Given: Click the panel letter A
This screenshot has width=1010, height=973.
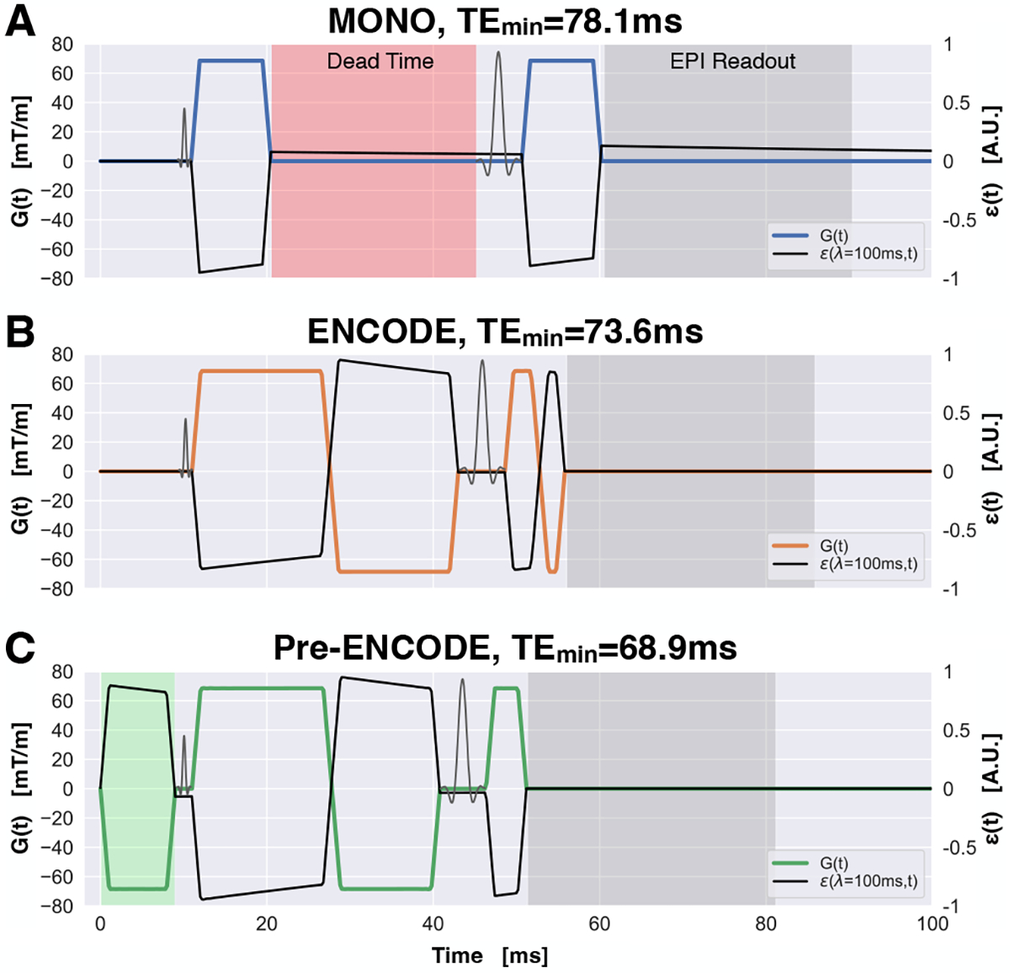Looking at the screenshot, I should pyautogui.click(x=20, y=21).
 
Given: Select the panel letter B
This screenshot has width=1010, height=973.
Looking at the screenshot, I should pyautogui.click(x=20, y=332).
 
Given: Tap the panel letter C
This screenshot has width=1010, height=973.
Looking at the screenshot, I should pyautogui.click(x=20, y=649).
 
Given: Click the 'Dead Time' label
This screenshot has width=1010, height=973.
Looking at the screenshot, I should pyautogui.click(x=380, y=61).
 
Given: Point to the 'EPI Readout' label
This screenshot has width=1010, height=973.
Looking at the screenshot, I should pyautogui.click(x=732, y=61).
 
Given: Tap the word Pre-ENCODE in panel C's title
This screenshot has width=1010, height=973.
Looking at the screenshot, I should pyautogui.click(x=380, y=649).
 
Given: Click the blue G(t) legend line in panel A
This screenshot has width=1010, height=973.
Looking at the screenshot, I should pyautogui.click(x=791, y=236).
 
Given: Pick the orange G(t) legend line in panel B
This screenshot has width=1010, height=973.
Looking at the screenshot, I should pyautogui.click(x=791, y=546).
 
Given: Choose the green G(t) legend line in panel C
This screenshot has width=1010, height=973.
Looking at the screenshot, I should pyautogui.click(x=791, y=863).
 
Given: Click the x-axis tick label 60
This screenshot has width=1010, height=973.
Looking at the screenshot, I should pyautogui.click(x=599, y=924).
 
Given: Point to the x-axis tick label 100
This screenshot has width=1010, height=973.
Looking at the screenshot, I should pyautogui.click(x=932, y=924).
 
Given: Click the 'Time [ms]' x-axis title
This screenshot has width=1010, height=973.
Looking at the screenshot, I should pyautogui.click(x=490, y=956).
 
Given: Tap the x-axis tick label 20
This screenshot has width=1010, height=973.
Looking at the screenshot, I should pyautogui.click(x=266, y=924).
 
